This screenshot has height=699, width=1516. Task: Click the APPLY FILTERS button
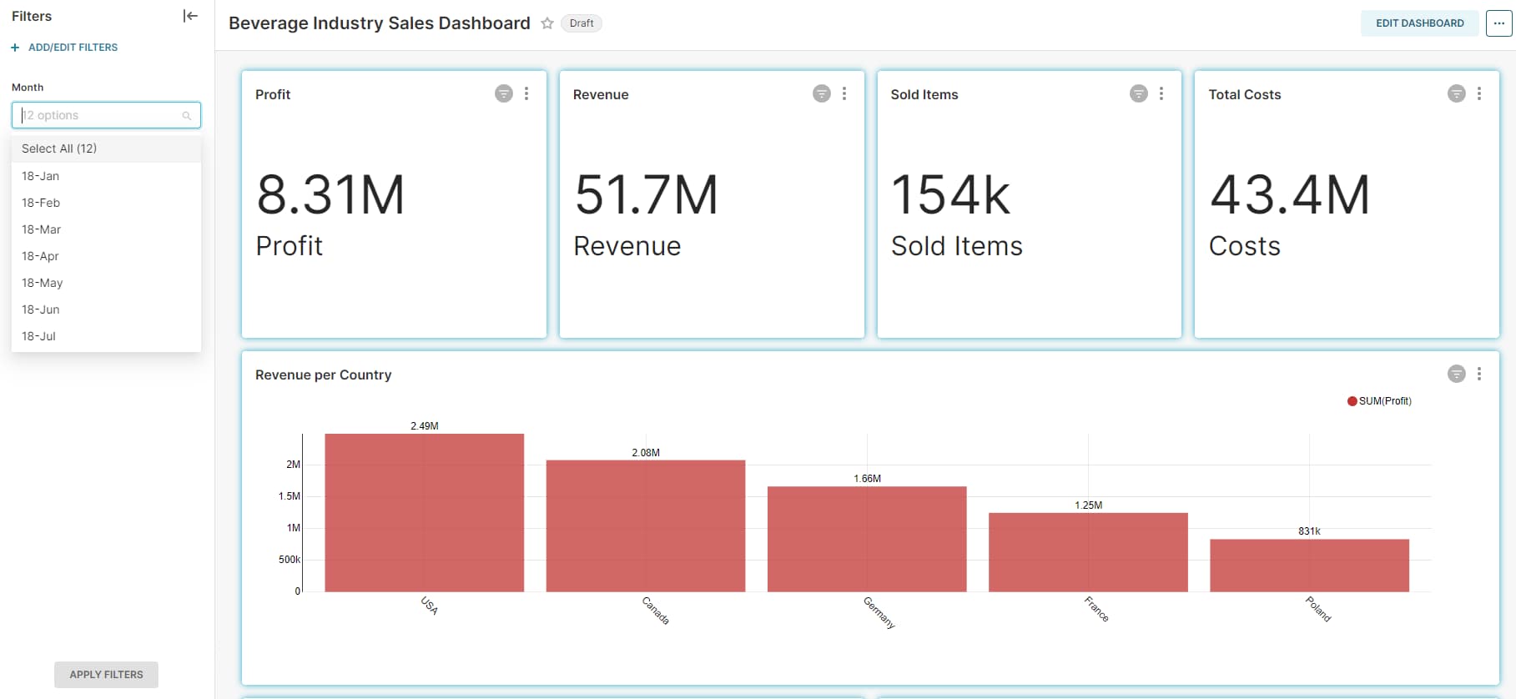coord(106,674)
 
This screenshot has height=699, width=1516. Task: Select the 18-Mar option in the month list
coord(42,229)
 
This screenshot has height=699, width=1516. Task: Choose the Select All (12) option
coord(59,148)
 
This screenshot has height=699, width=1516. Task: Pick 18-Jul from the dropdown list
coord(39,336)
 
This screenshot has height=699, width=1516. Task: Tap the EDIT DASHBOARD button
coord(1419,23)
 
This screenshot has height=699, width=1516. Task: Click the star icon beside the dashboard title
coord(547,23)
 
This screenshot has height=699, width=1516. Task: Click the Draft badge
coord(582,23)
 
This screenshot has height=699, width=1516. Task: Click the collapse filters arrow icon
coord(190,16)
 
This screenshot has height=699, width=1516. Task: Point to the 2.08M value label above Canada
coord(646,453)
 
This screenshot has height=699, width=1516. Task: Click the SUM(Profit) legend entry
coord(1380,401)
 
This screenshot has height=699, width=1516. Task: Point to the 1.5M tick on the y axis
coord(289,496)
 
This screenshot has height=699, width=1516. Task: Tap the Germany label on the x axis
coord(879,612)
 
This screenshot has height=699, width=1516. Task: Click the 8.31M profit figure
coord(330,195)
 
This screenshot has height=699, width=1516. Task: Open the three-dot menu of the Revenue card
coord(844,93)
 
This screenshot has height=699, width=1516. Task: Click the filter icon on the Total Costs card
coord(1456,93)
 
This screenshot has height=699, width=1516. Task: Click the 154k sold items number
coord(950,195)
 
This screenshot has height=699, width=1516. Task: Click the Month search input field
coord(100,115)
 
